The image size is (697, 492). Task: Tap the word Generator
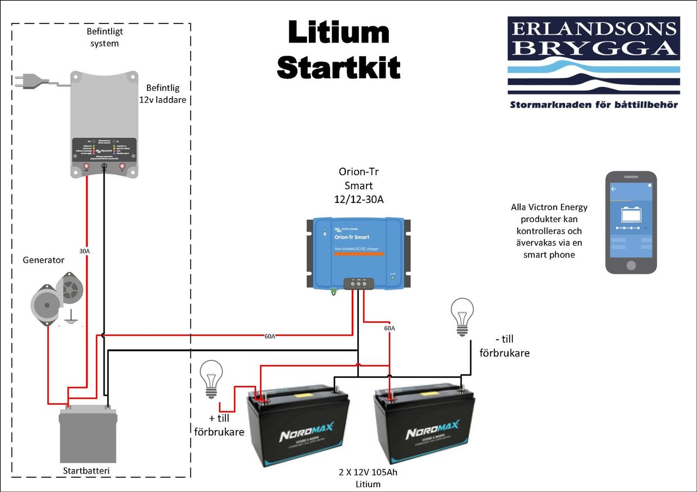tap(44, 260)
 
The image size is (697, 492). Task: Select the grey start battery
tap(88, 434)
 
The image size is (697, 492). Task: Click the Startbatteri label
tap(88, 470)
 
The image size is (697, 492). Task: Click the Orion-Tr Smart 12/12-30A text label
tap(358, 186)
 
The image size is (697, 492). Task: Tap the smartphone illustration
tap(631, 222)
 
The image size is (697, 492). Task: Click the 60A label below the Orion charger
tap(389, 328)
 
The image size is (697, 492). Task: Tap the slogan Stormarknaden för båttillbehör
tap(594, 104)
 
